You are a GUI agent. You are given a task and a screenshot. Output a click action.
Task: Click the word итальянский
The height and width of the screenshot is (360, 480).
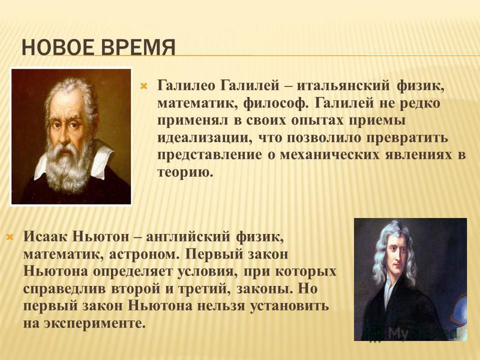pyautogui.click(x=343, y=85)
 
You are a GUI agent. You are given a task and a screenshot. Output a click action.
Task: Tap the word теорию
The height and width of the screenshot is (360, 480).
pyautogui.click(x=185, y=173)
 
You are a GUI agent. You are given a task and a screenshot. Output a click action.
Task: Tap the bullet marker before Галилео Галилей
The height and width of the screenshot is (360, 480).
pyautogui.click(x=143, y=86)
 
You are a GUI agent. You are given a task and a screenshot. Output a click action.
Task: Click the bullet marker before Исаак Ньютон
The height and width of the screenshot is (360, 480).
pyautogui.click(x=10, y=237)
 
